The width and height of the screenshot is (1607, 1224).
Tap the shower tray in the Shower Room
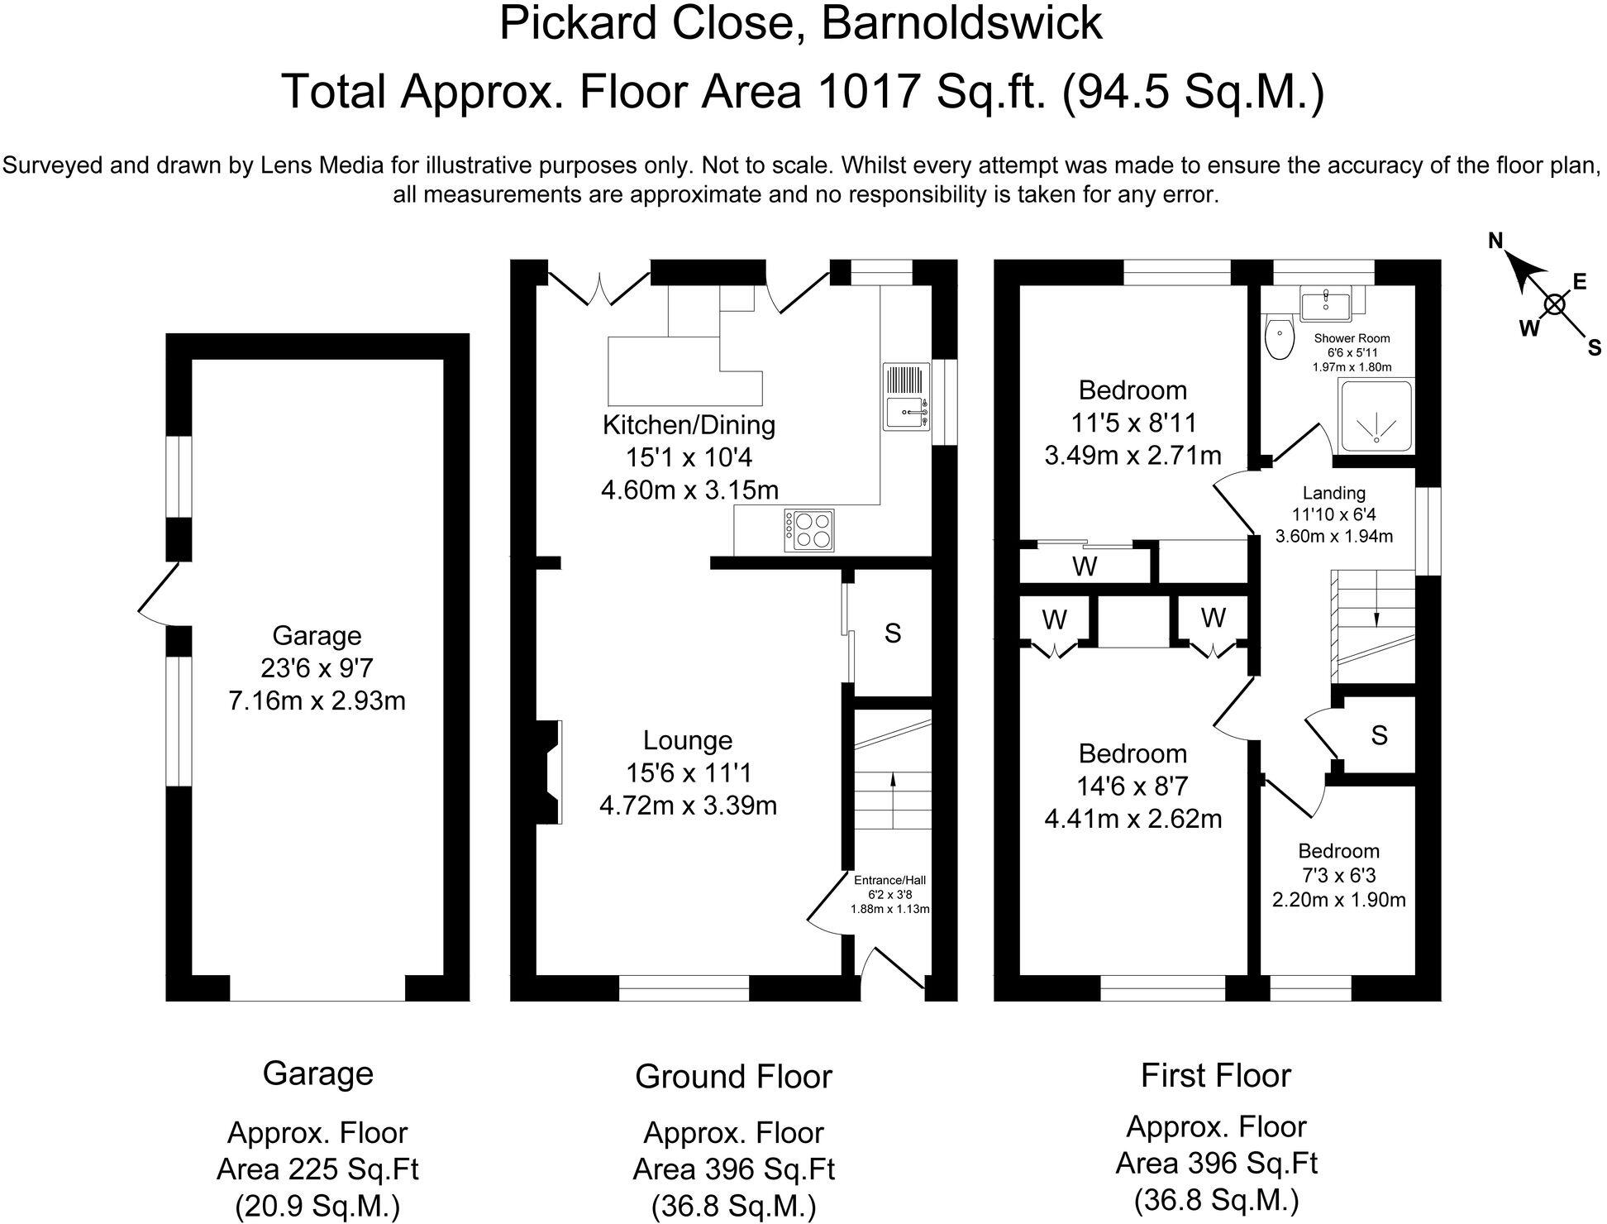point(1376,416)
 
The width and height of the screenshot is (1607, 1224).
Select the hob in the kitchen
point(810,530)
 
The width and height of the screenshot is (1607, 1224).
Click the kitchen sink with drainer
point(907,397)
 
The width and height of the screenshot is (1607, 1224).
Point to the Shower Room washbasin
point(1325,304)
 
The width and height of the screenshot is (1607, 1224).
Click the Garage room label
point(317,635)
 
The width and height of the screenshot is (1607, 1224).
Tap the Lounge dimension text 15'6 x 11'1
point(688,773)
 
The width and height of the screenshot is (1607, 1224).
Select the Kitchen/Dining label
point(689,425)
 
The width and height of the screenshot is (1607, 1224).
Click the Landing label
point(1333,493)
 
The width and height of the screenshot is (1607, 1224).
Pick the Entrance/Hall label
point(889,881)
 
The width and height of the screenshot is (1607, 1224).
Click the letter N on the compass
point(1495,241)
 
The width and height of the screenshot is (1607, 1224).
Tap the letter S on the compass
point(1594,348)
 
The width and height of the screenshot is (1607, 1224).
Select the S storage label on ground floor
point(892,634)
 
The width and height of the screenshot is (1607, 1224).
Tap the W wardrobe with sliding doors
point(1085,567)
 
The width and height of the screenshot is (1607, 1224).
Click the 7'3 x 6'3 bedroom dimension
point(1338,875)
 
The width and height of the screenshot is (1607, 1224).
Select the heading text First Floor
point(1215,1076)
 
